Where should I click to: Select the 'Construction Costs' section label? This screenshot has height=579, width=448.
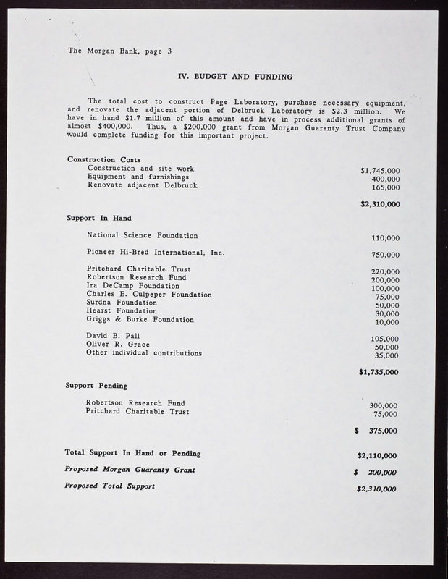[x=104, y=159]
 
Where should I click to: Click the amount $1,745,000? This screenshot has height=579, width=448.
[x=380, y=171]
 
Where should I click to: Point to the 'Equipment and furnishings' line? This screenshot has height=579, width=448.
[x=138, y=177]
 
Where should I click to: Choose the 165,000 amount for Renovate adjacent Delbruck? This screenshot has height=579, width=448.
[x=384, y=187]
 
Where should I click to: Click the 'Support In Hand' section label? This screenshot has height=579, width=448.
[x=98, y=218]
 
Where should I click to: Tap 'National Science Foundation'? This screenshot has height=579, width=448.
[x=142, y=235]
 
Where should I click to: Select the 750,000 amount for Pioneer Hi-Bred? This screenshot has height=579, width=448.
[x=384, y=255]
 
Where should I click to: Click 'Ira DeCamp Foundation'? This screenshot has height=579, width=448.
[x=132, y=286]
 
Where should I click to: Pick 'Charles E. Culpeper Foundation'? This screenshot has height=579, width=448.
[x=149, y=295]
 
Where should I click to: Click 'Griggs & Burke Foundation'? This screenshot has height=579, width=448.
[x=140, y=319]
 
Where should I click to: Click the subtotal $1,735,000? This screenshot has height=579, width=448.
[x=379, y=372]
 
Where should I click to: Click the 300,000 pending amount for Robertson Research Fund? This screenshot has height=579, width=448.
[x=384, y=406]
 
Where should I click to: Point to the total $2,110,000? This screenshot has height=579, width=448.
[x=377, y=456]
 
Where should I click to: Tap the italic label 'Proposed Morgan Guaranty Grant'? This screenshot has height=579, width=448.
[x=131, y=470]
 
